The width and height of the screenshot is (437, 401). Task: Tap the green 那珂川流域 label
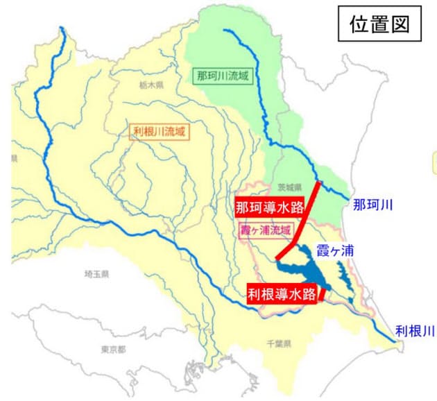(x=220, y=74)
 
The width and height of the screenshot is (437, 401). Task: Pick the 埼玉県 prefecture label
(x=96, y=275)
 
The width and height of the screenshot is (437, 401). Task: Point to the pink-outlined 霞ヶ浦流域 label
(x=266, y=230)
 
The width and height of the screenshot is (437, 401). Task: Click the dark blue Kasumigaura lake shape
(x=305, y=267)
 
